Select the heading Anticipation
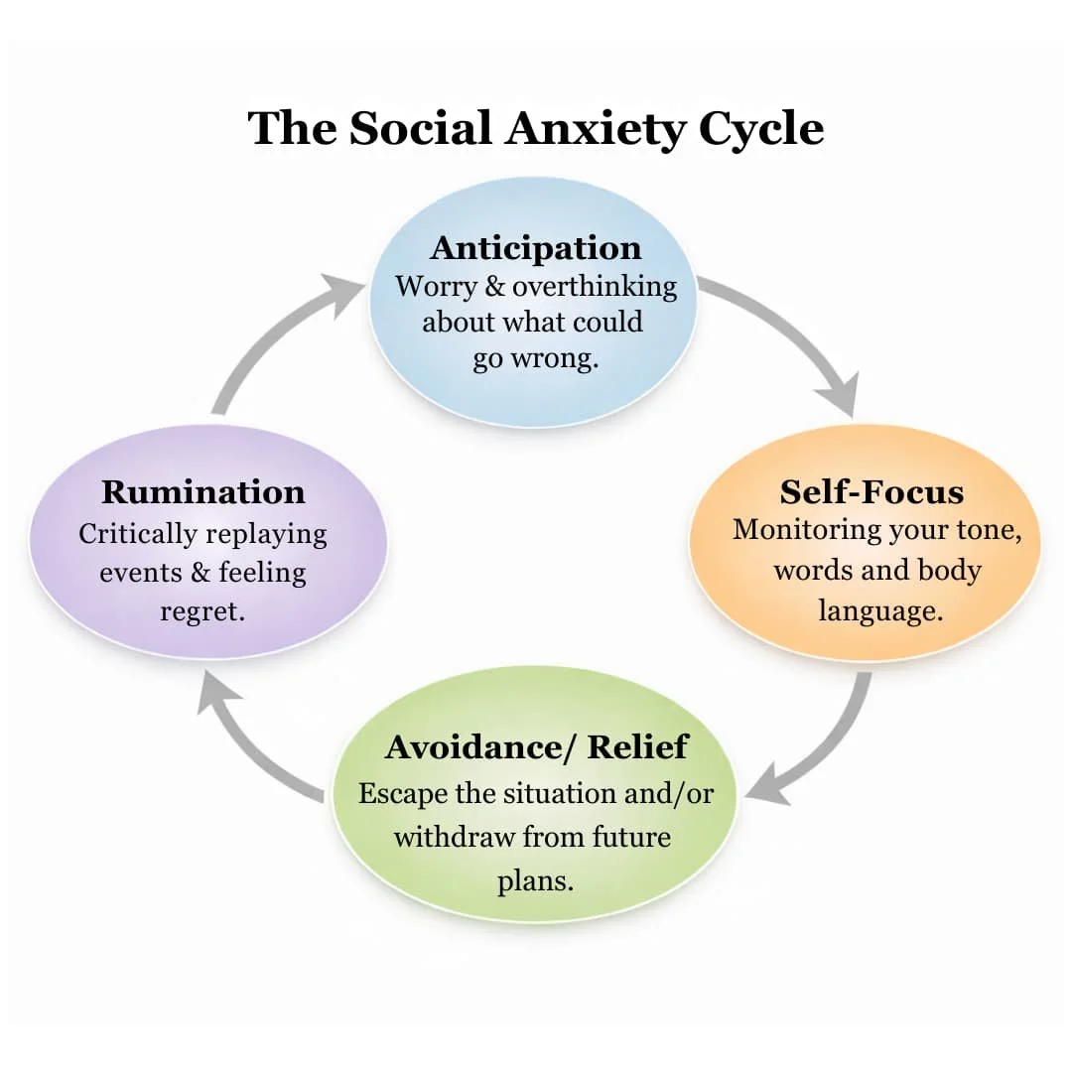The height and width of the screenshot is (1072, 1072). (x=536, y=247)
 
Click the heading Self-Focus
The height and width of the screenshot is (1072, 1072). (x=871, y=491)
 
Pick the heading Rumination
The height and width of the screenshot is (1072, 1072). (x=203, y=491)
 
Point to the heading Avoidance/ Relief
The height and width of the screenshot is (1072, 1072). (x=537, y=746)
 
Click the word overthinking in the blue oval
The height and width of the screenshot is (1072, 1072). (x=595, y=287)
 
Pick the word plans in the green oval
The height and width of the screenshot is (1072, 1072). (x=535, y=880)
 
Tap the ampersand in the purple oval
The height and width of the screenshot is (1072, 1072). (x=200, y=573)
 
